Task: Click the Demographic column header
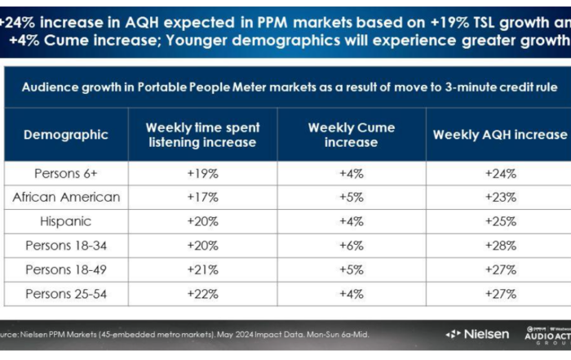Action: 64,135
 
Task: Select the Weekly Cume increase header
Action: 351,135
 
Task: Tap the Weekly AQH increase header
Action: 499,135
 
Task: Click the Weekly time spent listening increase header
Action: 202,135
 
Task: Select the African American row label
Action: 66,197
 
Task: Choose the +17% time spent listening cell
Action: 202,197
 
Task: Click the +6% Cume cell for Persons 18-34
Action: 351,246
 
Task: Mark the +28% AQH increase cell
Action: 499,246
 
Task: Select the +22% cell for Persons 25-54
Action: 202,294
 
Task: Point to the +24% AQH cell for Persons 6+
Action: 499,173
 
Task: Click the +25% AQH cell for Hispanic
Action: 499,221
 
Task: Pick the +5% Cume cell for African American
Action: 351,197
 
